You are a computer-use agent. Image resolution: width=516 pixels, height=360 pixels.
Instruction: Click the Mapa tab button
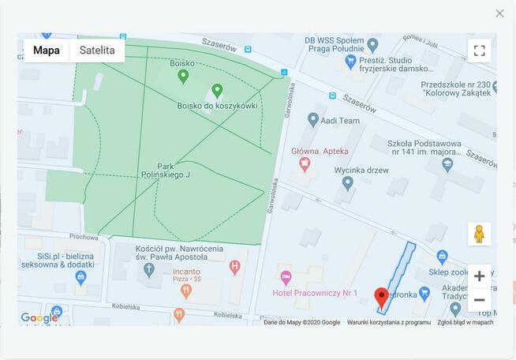coord(47,51)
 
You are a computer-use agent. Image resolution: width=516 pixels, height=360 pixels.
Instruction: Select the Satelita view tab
coord(97,51)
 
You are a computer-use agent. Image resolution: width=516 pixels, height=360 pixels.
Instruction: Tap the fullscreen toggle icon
coord(479,51)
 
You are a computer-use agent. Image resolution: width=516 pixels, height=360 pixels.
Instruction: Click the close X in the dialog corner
coord(499,13)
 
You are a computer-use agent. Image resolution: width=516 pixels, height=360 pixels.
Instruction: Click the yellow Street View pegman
coord(479,234)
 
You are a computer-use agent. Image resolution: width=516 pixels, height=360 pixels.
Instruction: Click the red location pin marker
coord(382,298)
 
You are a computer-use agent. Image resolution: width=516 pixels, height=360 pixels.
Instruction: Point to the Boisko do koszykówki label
coord(217,106)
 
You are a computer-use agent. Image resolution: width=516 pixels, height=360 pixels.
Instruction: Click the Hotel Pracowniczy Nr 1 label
coord(315,293)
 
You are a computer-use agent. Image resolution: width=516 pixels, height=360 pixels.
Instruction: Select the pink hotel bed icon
coord(286,277)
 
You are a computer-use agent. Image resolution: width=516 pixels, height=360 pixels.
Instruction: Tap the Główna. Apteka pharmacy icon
coord(305,163)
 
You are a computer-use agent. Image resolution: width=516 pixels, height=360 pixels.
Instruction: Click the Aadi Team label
coord(339,121)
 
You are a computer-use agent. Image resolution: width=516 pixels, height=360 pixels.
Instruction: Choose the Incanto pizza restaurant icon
coord(186,291)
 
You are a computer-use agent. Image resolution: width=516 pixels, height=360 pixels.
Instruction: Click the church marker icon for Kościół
coord(149,268)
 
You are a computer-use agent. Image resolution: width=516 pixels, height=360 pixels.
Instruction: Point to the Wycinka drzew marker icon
coord(348,183)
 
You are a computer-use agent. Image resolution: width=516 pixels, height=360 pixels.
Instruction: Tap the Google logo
coord(39,318)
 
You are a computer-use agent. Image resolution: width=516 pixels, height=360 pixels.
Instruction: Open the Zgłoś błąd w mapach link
coord(466,322)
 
